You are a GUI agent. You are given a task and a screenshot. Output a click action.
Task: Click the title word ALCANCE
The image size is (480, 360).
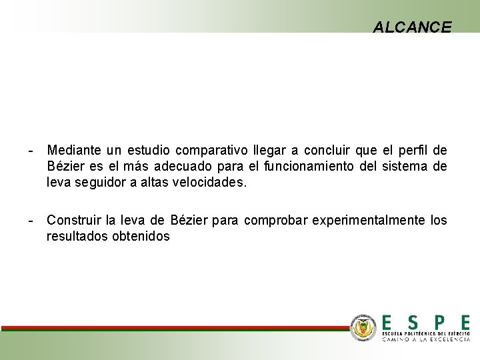coord(412,27)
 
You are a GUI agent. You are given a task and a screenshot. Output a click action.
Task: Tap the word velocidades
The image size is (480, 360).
coord(209,182)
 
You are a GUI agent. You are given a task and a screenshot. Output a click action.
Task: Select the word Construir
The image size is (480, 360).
coord(73,220)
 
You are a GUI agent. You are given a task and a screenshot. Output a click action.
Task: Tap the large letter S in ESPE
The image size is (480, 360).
coord(413,322)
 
